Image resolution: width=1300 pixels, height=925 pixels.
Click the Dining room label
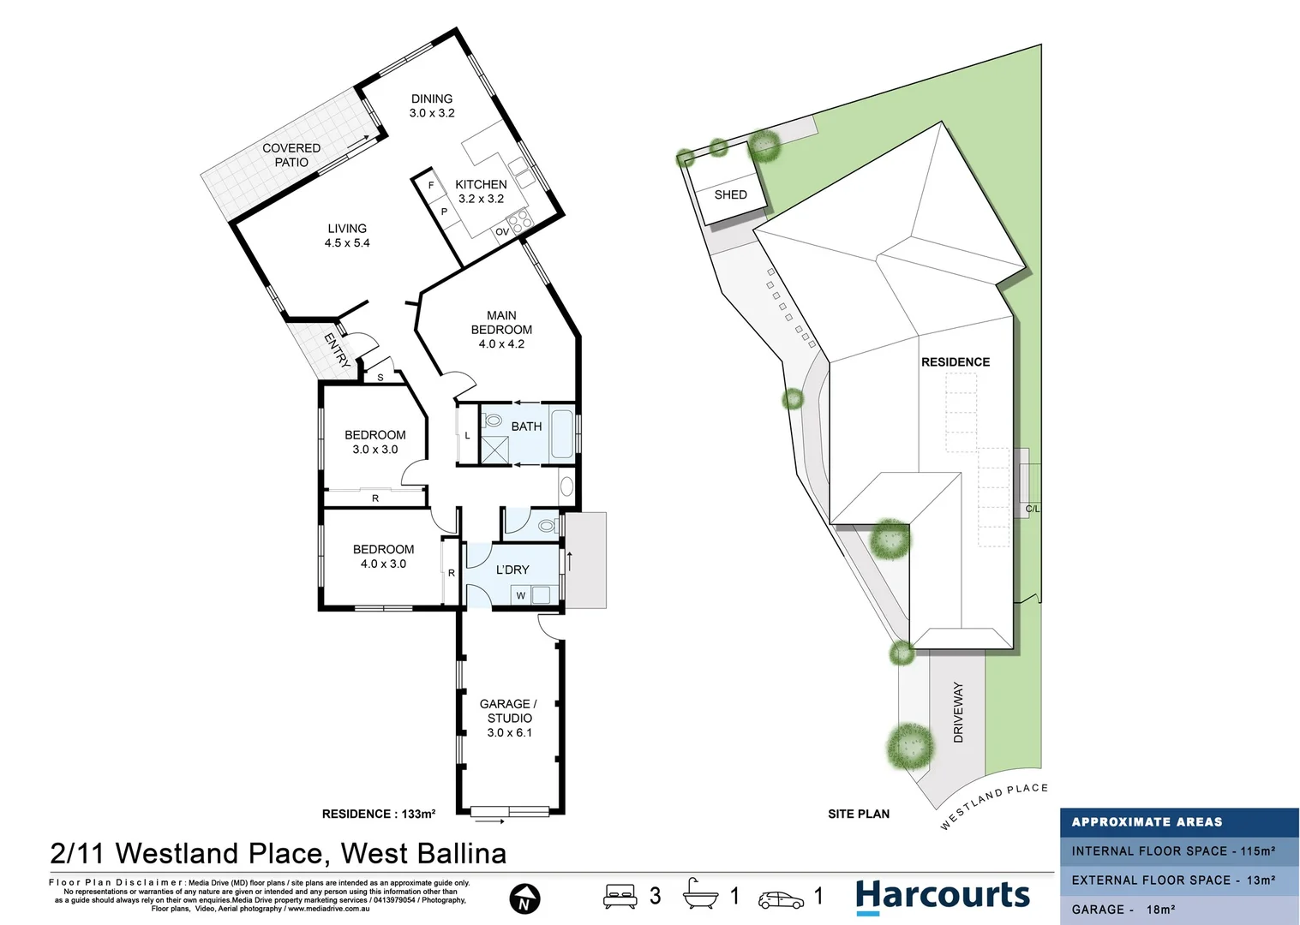coord(432,105)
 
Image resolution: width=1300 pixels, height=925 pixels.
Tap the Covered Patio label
coord(291,155)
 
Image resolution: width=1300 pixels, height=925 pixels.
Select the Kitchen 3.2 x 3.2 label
coord(481,191)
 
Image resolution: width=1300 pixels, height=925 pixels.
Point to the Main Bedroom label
coord(501,329)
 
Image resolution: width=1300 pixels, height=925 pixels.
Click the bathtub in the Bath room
coord(562,434)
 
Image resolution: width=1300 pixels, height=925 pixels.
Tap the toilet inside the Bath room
coord(492,421)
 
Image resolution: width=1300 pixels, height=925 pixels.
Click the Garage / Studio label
coord(509,718)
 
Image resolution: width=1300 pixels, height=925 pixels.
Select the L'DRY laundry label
coord(512,570)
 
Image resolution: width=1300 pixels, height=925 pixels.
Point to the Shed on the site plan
coord(730,194)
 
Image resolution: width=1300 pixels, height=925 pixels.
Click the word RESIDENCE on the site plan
coord(956,362)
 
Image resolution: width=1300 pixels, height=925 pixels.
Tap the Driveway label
coord(958,713)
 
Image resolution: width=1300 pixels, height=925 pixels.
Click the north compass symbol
coord(524,899)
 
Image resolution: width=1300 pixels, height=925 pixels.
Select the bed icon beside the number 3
coord(620,896)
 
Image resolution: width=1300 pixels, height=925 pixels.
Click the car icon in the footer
coord(781,899)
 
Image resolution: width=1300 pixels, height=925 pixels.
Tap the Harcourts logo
coord(942,896)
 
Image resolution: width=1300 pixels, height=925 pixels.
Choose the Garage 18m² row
coord(1123,910)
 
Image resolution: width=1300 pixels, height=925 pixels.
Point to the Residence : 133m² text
coord(378,814)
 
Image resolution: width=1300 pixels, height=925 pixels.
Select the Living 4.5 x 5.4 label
coord(347,236)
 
